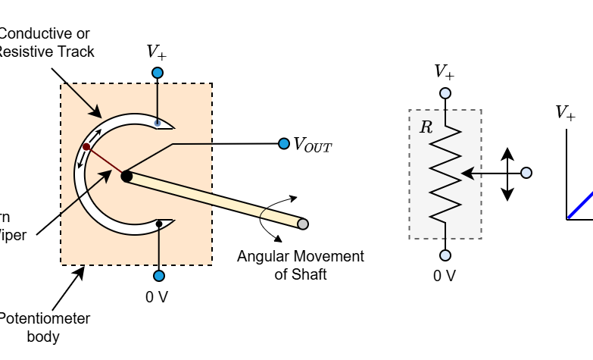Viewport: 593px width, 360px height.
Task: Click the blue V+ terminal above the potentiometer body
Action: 158,73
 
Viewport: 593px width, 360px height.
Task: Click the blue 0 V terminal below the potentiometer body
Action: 158,276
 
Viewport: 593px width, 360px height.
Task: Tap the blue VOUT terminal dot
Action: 284,143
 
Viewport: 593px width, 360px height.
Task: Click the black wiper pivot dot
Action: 126,177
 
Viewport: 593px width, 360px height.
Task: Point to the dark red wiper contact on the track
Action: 86,147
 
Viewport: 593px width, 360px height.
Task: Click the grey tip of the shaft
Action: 303,224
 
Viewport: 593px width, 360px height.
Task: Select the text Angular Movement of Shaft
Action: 300,265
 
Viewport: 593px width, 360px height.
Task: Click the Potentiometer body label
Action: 45,327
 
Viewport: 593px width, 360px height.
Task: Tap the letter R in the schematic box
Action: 426,127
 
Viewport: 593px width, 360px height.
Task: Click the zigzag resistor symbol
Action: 446,174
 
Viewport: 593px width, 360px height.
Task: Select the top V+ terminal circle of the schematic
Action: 445,93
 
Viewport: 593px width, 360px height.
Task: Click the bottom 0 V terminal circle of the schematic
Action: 445,255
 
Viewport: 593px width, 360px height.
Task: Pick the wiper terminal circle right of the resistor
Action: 526,173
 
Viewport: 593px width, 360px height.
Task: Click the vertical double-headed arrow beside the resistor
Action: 507,174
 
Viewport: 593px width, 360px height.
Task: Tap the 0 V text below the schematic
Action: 445,276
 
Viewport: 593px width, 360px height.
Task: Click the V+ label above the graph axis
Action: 566,113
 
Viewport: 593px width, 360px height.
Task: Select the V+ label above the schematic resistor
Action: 445,72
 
